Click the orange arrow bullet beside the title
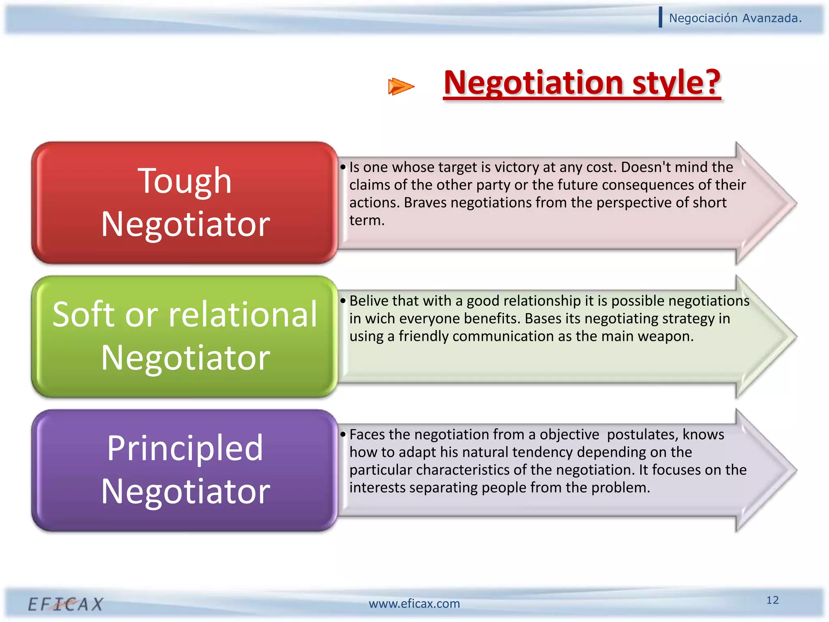click(x=401, y=86)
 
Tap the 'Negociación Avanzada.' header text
click(x=735, y=18)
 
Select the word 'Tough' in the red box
click(x=185, y=181)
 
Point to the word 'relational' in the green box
click(x=243, y=315)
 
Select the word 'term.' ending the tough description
click(x=367, y=220)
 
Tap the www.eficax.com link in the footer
click(x=414, y=604)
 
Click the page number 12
click(x=772, y=600)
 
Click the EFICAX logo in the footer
click(x=66, y=604)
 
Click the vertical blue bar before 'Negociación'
click(x=661, y=17)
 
